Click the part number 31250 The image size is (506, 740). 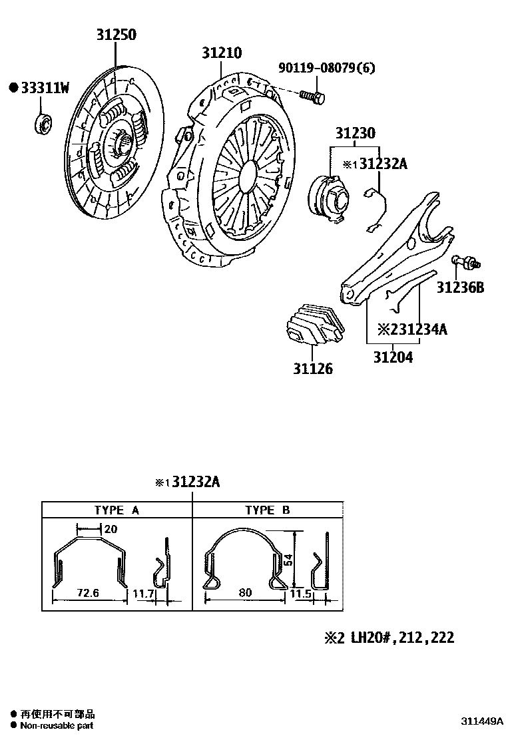[x=115, y=35]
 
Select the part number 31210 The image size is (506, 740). [x=222, y=53]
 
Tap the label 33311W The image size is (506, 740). [x=45, y=87]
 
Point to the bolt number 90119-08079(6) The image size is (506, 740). [x=327, y=67]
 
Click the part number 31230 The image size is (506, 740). [x=355, y=133]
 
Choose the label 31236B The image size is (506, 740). [x=460, y=287]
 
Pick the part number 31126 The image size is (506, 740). [x=312, y=368]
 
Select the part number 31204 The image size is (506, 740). [x=392, y=357]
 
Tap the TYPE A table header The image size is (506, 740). [x=117, y=510]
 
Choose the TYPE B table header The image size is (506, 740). [x=267, y=510]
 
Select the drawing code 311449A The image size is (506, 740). [x=478, y=721]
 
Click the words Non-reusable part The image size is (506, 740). [x=57, y=726]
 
